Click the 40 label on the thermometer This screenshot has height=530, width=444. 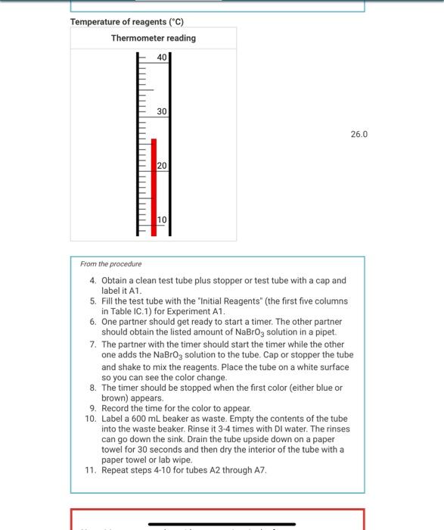[x=162, y=58]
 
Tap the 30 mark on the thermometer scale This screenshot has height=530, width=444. [x=162, y=111]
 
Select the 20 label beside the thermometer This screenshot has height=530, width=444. [x=162, y=166]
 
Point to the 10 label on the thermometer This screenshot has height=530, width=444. [x=162, y=220]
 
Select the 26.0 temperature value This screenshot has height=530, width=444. [x=359, y=134]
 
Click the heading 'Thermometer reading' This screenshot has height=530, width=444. [x=153, y=38]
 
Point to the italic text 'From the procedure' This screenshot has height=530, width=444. [x=110, y=264]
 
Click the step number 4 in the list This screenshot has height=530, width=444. [x=93, y=280]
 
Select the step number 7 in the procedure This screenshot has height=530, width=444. [x=93, y=344]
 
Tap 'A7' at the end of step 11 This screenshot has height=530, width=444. [x=259, y=469]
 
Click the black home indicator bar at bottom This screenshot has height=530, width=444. [x=222, y=523]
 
